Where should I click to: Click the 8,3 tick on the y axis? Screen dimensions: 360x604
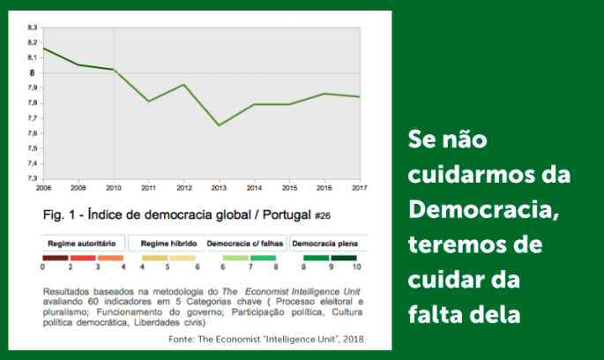tap(33, 28)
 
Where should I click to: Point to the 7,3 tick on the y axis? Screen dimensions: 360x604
tap(33, 178)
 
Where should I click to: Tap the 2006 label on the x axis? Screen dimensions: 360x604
tap(42, 188)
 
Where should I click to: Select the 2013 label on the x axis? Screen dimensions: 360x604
tap(218, 188)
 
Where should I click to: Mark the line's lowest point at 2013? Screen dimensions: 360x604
tap(218, 125)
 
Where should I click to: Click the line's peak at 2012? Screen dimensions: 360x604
tap(183, 85)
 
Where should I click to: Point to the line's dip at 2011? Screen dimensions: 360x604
tap(148, 101)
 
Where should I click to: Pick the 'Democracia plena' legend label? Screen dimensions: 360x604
tap(324, 242)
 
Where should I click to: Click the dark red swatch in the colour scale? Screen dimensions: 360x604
tap(56, 258)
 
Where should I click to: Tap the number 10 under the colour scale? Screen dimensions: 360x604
tap(356, 266)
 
